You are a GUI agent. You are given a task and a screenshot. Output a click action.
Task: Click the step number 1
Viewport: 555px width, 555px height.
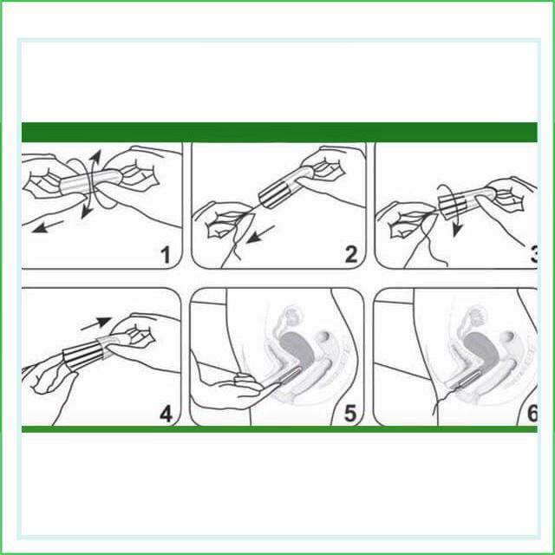click(166, 255)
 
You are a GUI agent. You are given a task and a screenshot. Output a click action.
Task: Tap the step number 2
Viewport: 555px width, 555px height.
click(350, 255)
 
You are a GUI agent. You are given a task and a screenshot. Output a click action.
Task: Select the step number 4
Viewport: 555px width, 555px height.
click(166, 414)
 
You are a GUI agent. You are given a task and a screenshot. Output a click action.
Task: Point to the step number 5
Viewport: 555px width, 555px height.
click(349, 414)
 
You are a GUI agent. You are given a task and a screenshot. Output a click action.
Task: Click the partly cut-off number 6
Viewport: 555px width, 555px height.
click(532, 414)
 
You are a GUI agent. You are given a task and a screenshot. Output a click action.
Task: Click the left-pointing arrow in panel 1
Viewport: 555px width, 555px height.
click(47, 227)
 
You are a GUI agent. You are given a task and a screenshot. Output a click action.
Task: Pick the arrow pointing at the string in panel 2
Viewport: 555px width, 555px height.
click(260, 234)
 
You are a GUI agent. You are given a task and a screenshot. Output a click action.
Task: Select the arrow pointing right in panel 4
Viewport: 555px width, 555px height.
click(96, 323)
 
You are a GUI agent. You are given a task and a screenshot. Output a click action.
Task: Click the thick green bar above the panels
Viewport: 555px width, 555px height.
click(279, 132)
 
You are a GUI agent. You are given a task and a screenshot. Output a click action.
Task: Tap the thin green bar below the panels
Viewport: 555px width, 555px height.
click(279, 429)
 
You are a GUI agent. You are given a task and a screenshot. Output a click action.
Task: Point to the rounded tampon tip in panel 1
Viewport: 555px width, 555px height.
click(115, 176)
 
